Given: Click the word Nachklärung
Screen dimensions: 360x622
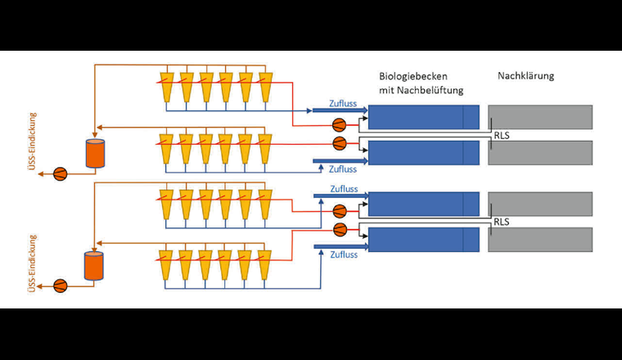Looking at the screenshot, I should click(525, 76).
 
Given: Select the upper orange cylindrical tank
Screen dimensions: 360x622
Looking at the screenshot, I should click(97, 153).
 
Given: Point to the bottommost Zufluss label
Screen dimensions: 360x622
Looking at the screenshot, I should click(344, 255).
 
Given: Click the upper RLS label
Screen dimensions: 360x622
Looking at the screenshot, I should click(501, 136).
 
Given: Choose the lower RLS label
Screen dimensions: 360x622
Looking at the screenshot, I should click(501, 222).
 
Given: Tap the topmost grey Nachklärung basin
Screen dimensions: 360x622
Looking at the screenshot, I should click(540, 117).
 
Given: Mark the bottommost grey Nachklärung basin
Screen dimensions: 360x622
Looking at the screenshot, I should click(540, 239).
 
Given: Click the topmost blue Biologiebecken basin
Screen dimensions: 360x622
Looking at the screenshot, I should click(423, 117).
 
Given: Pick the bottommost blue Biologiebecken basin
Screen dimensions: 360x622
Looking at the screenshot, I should click(423, 239).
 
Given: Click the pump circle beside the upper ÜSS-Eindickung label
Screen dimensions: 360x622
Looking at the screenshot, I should click(60, 173).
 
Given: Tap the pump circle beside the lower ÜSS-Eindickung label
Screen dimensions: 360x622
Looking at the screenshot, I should click(60, 286).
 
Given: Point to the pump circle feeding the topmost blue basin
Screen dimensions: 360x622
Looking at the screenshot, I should click(338, 125).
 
